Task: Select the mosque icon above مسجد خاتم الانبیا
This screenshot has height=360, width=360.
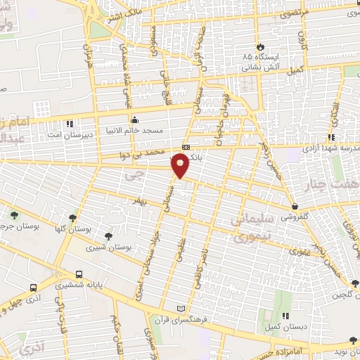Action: coord(134,118)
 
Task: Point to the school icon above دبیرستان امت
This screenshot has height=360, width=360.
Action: coord(69,124)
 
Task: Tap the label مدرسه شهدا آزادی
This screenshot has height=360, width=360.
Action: coord(329,148)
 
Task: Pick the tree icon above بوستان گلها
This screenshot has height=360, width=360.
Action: coord(72,219)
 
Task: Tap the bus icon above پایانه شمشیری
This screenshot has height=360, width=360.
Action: coord(79,274)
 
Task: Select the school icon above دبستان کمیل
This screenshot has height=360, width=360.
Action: coord(285,316)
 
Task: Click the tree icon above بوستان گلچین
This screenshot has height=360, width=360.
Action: coord(354,284)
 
